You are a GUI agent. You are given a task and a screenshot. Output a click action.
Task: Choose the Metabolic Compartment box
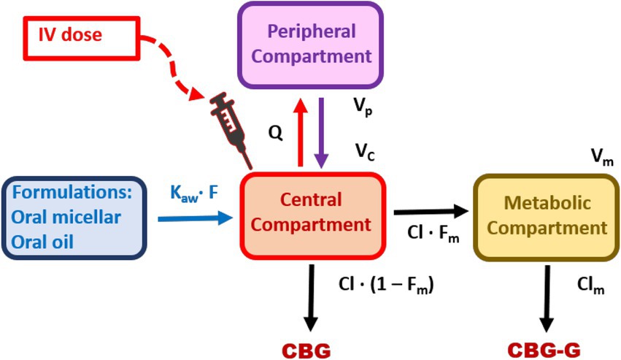pyautogui.click(x=547, y=215)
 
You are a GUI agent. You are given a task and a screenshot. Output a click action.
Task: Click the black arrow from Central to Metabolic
pyautogui.click(x=430, y=212)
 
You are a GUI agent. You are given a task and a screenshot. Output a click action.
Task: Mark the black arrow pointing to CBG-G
pyautogui.click(x=546, y=296)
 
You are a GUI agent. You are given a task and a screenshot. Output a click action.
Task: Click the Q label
pyautogui.click(x=274, y=134)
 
